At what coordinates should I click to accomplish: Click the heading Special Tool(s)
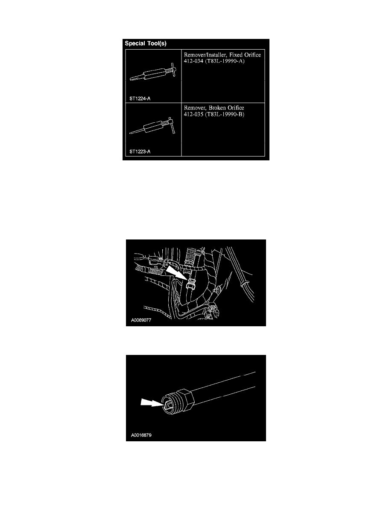coord(146,44)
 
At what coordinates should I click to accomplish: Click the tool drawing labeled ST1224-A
coord(153,72)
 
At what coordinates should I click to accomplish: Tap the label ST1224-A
coord(140,98)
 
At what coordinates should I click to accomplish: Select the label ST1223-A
coord(140,151)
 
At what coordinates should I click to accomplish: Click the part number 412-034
coord(193,61)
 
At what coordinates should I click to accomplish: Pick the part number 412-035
coord(193,114)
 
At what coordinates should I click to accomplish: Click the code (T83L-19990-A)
coord(225,61)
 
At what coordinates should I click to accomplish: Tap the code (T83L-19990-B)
coord(225,114)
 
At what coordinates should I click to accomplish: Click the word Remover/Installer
coord(205,55)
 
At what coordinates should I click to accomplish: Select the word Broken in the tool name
coord(217,108)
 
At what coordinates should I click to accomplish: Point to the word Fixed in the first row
coord(236,55)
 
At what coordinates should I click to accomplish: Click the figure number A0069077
coord(141,320)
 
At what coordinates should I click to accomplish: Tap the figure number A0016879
coord(141,435)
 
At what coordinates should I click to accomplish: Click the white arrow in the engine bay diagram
coord(176,273)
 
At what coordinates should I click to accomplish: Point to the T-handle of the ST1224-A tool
coord(173,70)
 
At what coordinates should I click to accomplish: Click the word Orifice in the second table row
coord(236,108)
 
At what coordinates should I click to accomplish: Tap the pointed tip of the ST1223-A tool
coord(130,133)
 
